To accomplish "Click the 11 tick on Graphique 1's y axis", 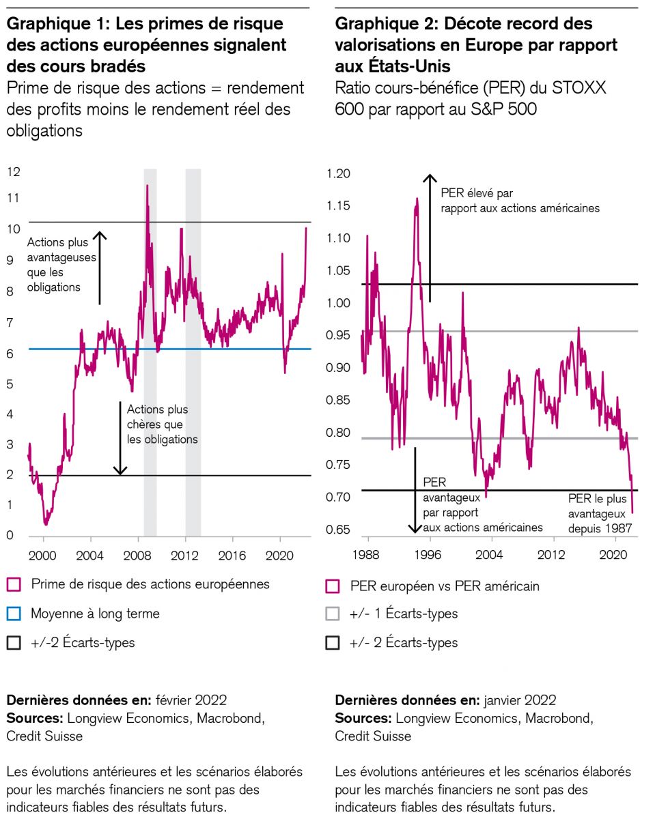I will pyautogui.click(x=13, y=199).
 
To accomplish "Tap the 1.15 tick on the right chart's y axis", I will pyautogui.click(x=339, y=206).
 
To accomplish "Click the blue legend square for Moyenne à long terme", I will pyautogui.click(x=14, y=614).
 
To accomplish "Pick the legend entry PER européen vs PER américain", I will pyautogui.click(x=434, y=586).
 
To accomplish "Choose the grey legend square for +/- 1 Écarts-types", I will pyautogui.click(x=333, y=614).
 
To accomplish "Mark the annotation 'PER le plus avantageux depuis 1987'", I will pyautogui.click(x=600, y=513).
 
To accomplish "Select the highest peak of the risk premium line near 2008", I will pyautogui.click(x=147, y=186).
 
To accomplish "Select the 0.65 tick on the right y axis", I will pyautogui.click(x=339, y=530).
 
